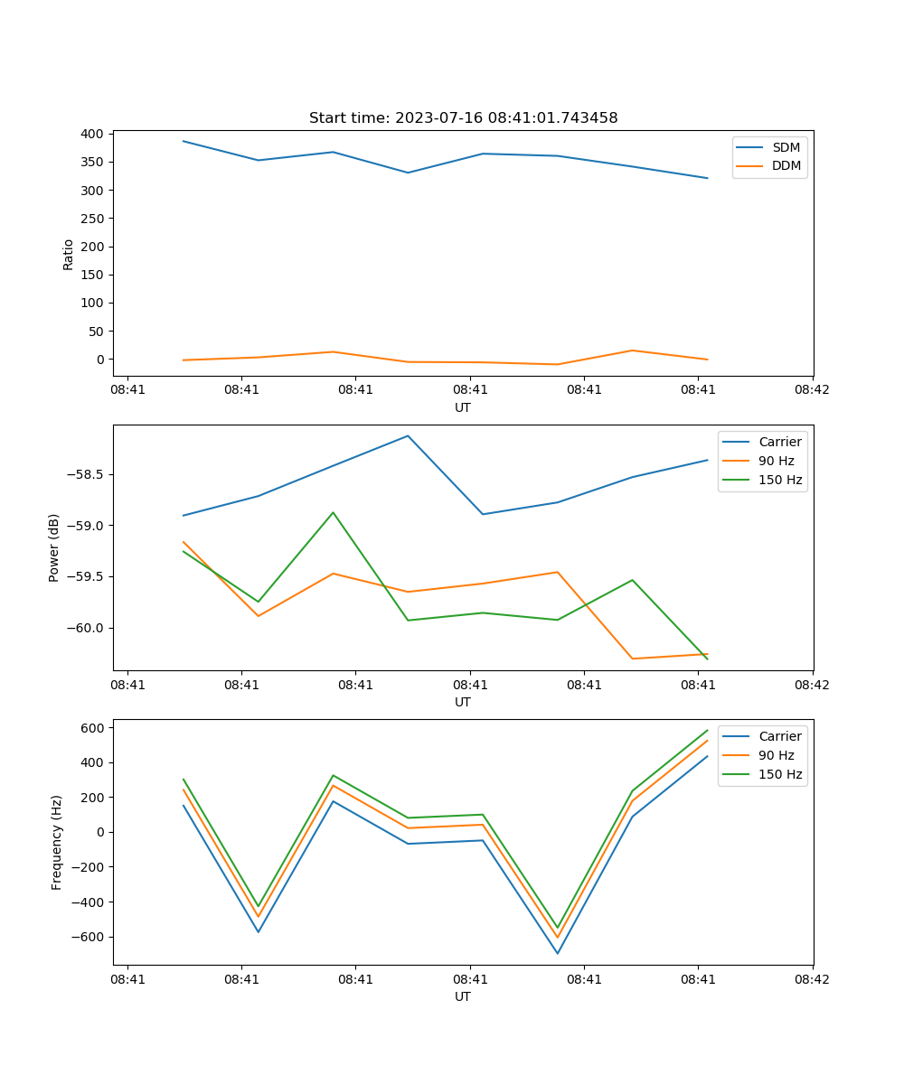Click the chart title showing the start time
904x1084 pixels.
tap(463, 118)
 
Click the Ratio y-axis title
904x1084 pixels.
tap(69, 254)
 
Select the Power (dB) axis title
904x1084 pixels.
tap(54, 547)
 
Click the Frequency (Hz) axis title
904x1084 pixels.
tap(56, 842)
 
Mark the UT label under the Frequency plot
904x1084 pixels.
tap(463, 996)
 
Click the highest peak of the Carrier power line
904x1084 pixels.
tap(408, 435)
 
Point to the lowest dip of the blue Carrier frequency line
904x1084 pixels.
tap(558, 953)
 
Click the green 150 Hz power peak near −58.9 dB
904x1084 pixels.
tap(333, 512)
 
